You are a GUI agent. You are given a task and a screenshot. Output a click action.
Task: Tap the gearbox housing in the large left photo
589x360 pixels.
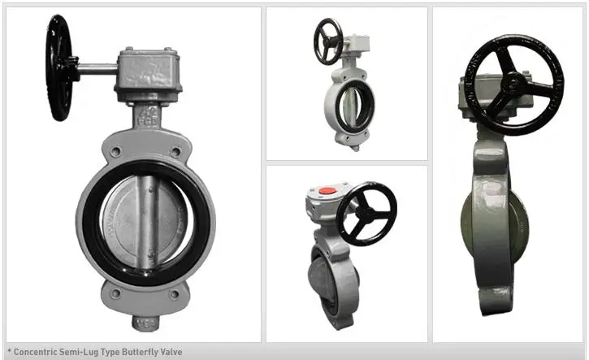coord(148,75)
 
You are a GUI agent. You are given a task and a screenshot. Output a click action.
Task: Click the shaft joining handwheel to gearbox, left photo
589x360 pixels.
coord(97,68)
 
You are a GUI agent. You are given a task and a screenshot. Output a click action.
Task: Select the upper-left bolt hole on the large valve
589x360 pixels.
coord(117,151)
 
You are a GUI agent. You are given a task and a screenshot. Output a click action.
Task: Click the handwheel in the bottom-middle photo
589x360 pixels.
coord(366,213)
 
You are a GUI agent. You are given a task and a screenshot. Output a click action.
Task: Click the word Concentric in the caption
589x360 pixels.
coord(35,352)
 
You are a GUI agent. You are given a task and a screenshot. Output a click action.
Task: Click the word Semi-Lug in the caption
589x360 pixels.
coord(80,352)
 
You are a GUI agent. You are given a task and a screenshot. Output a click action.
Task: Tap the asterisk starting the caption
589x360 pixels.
coord(8,352)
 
